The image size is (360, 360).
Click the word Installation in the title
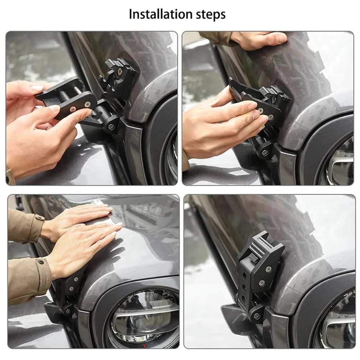(160, 14)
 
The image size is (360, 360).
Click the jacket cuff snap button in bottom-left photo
(41, 262)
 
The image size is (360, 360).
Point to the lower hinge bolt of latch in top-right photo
(265, 152)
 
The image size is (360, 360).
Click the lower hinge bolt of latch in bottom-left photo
(68, 311)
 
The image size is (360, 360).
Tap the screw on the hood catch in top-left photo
(119, 72)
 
